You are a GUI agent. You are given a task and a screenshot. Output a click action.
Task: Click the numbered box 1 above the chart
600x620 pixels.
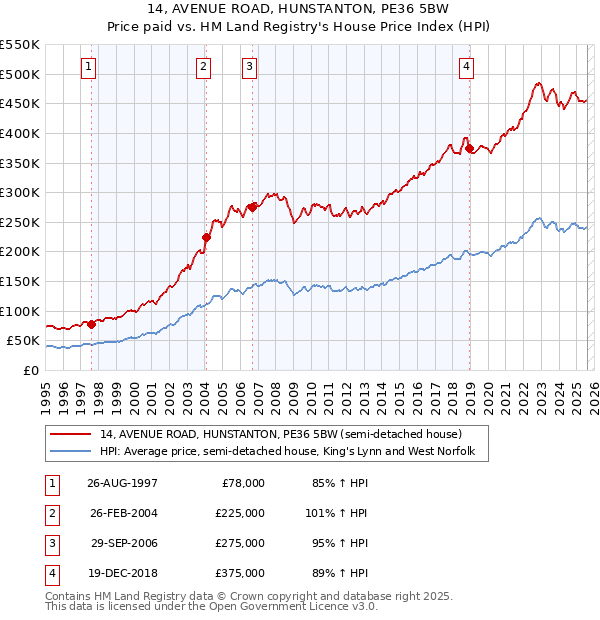[x=89, y=67]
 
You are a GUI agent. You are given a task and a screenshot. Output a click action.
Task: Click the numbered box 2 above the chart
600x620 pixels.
[x=203, y=67]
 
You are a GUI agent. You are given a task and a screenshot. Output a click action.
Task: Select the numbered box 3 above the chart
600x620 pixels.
[x=249, y=67]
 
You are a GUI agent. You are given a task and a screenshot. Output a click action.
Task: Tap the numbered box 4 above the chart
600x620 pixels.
[x=466, y=67]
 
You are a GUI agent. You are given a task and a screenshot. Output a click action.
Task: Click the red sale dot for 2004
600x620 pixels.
[x=207, y=237]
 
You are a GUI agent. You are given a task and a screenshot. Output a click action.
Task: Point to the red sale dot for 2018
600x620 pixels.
[x=469, y=148]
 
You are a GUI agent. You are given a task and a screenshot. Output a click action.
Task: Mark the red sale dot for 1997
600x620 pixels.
[x=92, y=324]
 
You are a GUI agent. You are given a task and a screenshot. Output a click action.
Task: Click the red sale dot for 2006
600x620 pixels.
[x=253, y=207]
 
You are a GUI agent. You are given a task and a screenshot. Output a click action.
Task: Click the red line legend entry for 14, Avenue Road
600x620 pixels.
[x=280, y=435]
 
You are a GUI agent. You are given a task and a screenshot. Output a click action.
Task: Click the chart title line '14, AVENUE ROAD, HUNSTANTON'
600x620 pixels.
[x=299, y=11]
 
